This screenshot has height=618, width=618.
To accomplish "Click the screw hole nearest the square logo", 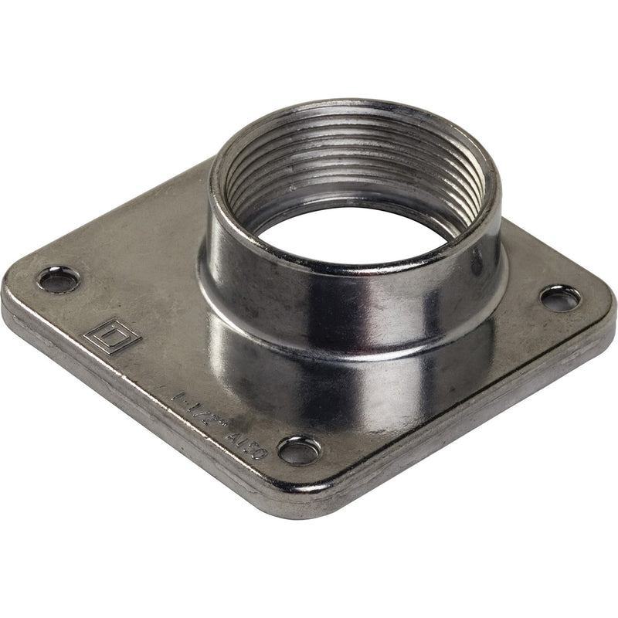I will click(x=59, y=278).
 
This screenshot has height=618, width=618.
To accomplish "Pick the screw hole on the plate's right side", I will click(x=559, y=297).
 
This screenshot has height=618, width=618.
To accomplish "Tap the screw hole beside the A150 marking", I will click(x=299, y=449).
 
